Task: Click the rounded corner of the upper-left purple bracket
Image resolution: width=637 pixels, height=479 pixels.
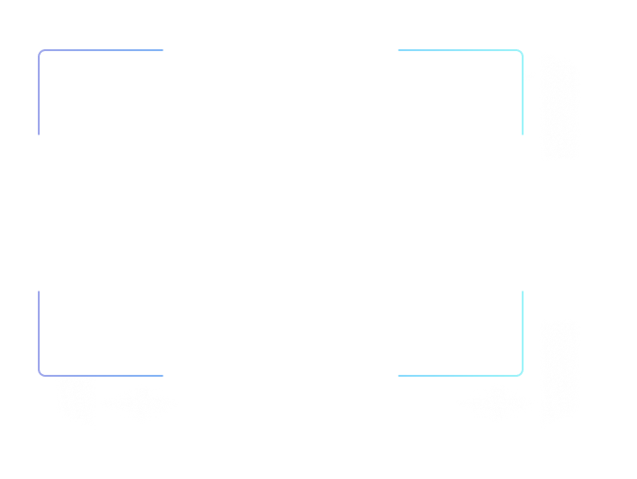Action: (41, 52)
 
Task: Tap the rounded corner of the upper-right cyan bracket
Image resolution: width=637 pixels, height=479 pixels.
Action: (521, 52)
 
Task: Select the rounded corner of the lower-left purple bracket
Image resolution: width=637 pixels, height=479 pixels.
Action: (41, 374)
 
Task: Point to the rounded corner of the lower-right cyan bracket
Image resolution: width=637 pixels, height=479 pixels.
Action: (521, 374)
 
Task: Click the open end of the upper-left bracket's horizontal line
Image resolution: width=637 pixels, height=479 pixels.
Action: (163, 50)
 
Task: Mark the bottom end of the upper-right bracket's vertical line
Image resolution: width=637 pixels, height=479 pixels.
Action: (523, 134)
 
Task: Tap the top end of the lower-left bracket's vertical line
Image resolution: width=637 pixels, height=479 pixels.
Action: (39, 292)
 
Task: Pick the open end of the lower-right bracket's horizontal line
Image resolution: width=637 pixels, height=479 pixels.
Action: (399, 376)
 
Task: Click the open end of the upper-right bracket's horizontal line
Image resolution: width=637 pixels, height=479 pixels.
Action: (399, 50)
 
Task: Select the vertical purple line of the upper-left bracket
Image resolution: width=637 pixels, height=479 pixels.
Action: (39, 95)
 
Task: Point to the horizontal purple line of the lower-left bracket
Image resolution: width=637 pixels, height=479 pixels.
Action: (104, 376)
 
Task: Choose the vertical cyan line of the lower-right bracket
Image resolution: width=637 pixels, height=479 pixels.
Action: (523, 331)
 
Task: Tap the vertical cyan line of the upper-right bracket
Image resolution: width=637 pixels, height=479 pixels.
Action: (523, 95)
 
